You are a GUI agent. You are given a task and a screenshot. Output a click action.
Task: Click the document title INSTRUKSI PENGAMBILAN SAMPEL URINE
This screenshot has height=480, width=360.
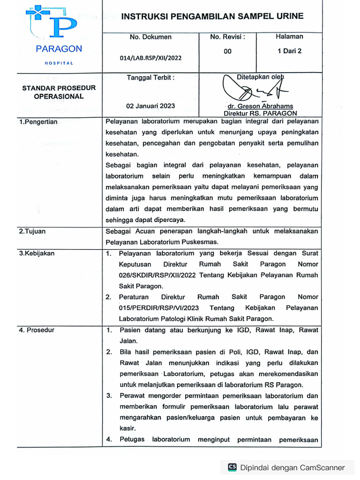pos(212,16)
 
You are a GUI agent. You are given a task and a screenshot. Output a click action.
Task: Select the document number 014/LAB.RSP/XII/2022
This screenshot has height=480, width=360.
pos(150,58)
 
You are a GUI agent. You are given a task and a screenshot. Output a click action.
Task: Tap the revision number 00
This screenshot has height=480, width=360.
pos(227,52)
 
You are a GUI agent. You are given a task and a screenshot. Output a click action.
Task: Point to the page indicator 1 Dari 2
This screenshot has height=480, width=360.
pos(289,52)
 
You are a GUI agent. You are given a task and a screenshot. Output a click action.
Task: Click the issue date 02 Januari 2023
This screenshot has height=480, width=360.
pos(150,106)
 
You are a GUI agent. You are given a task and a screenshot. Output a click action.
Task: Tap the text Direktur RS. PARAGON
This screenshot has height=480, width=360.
pos(260,113)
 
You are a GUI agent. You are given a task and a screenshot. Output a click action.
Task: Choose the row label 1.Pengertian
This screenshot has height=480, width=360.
pos(38,122)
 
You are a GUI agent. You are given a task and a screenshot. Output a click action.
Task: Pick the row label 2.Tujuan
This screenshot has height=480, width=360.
pos(32,231)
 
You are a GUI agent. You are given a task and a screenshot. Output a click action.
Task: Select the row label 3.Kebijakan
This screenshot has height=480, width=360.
pos(37,254)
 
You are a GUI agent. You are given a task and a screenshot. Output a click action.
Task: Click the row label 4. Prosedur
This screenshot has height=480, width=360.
pos(37,330)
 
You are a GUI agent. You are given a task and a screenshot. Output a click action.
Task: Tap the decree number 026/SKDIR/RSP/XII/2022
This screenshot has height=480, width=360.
pos(158,275)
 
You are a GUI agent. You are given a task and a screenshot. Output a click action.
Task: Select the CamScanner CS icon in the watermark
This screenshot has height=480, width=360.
pos(232,467)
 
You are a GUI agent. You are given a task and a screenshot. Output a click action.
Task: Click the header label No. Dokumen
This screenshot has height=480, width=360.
pos(150,37)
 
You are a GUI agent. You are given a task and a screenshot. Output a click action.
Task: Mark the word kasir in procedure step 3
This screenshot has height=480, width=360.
pos(127,428)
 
